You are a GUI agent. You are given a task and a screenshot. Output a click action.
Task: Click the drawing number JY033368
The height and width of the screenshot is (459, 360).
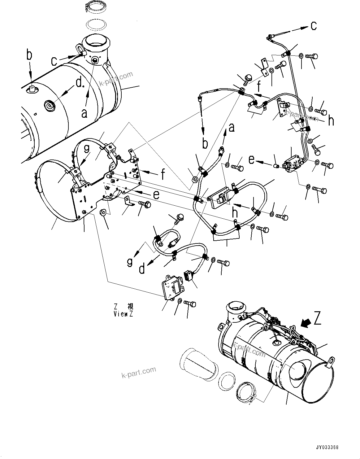327,448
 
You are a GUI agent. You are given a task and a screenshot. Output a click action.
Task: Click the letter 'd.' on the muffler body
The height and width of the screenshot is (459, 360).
80,83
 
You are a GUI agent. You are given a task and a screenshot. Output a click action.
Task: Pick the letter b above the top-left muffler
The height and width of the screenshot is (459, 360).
29,55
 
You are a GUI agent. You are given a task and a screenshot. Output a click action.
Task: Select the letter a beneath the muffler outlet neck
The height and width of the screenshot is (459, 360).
84,113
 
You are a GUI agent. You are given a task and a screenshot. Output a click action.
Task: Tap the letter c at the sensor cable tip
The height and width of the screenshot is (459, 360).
314,26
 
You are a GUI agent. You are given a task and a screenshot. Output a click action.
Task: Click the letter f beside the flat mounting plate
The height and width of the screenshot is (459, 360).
163,175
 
